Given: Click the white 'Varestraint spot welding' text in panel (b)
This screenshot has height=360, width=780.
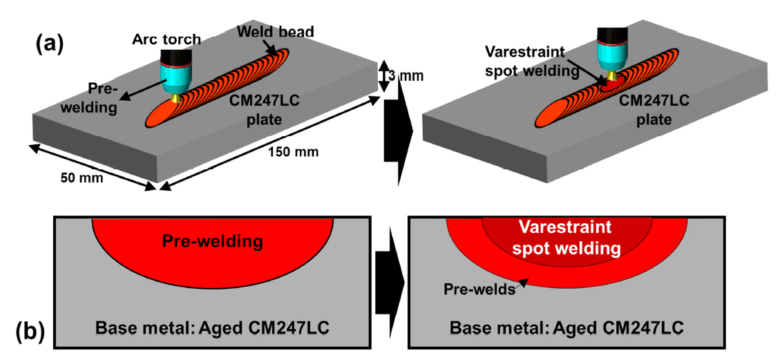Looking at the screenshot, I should coord(567,237).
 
